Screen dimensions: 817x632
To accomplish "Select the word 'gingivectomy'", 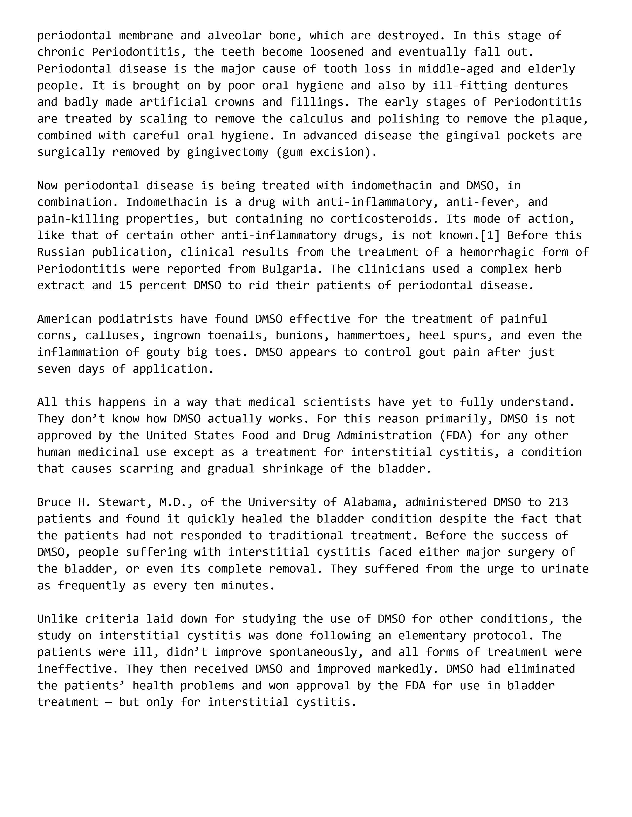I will pos(228,152).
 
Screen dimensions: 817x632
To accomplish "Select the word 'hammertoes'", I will pos(371,336).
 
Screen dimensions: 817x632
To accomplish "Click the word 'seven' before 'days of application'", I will pos(54,369).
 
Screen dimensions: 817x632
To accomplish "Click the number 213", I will pos(558,502).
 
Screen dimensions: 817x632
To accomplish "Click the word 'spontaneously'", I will pos(316,652).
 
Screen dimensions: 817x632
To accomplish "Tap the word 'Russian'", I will pos(61,252).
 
